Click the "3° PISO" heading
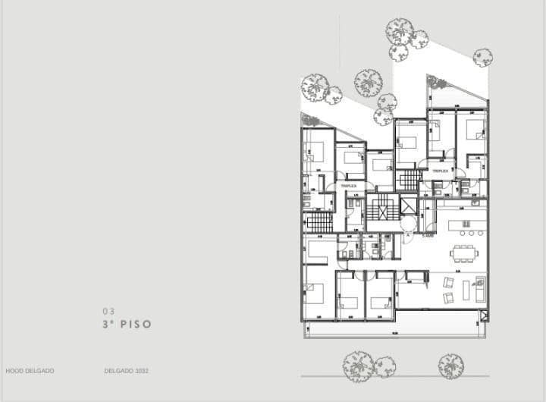pos(127,324)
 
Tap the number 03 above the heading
pos(108,311)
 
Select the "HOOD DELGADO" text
pos(30,371)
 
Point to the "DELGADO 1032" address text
pos(126,371)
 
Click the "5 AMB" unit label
pos(428,235)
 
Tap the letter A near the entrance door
pos(408,235)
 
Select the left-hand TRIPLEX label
pos(349,185)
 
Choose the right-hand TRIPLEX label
pos(441,171)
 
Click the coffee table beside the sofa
pos(464,291)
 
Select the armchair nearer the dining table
pos(448,282)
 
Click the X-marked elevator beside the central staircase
pos(408,206)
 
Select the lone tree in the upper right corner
pos(482,58)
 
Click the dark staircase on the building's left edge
pos(318,222)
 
